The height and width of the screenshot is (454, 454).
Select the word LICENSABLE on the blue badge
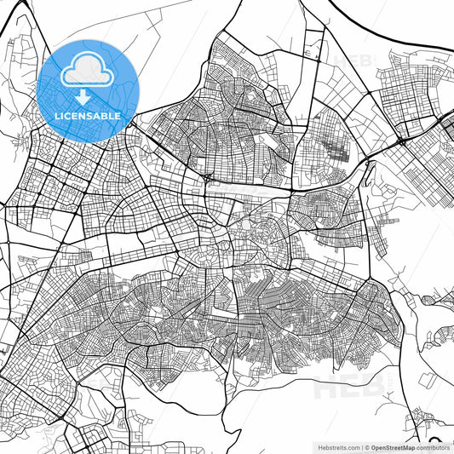point(88,114)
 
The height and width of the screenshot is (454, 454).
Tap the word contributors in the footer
point(433,446)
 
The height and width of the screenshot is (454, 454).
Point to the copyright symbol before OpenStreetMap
point(367,446)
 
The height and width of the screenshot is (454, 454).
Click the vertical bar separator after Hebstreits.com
point(361,446)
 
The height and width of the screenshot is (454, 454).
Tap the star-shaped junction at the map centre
point(207,177)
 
